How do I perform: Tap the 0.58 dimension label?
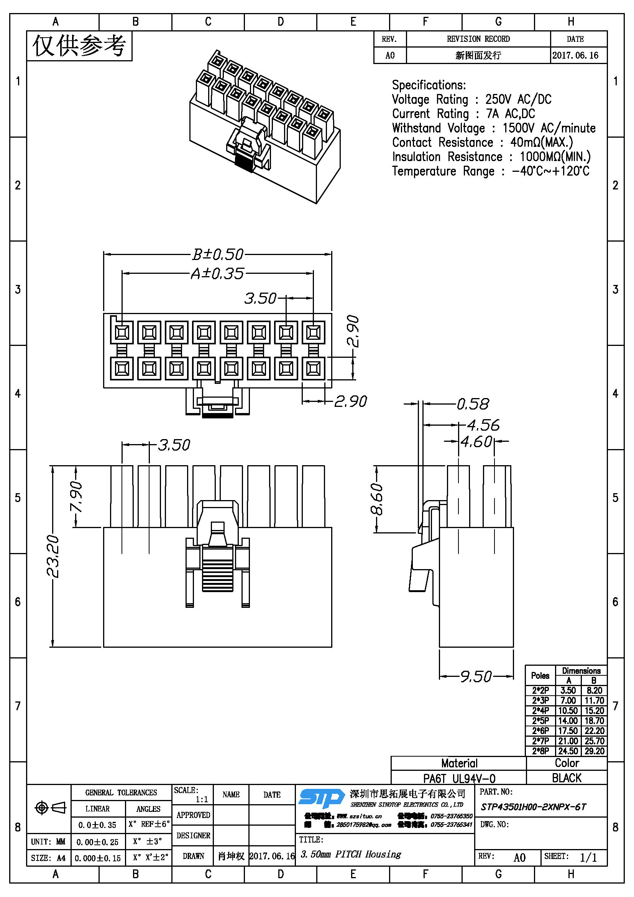tap(473, 404)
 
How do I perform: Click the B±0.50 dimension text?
tap(218, 254)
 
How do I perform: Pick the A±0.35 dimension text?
tap(217, 273)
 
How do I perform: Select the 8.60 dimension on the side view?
tap(377, 499)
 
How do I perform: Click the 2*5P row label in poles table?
tap(540, 721)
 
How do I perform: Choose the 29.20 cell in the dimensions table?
tap(594, 751)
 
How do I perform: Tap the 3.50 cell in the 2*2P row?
tap(568, 690)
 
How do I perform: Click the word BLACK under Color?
tap(567, 778)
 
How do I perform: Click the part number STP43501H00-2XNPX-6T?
tap(533, 807)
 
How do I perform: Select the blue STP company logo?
tap(321, 798)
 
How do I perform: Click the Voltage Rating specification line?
tap(471, 99)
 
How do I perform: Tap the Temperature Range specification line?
tap(491, 171)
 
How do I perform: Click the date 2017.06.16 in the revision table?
tap(575, 55)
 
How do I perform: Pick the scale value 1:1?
tap(202, 799)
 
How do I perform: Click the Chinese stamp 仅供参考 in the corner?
tap(79, 46)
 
